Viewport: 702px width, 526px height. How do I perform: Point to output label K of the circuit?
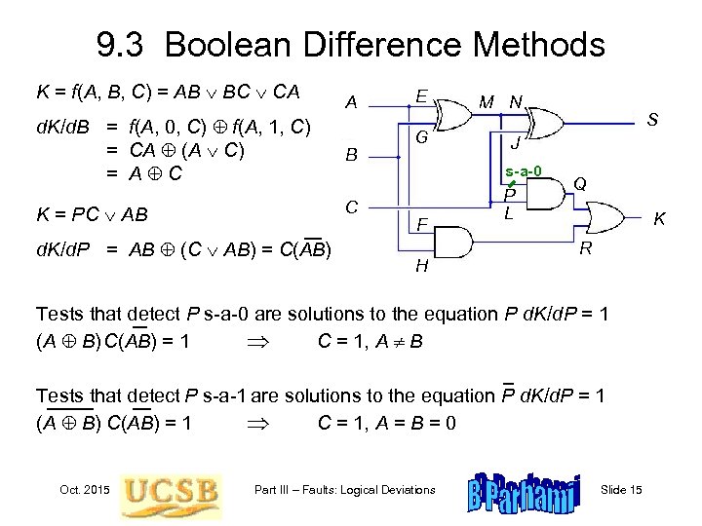point(660,220)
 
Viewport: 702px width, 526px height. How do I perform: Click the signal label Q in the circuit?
point(579,183)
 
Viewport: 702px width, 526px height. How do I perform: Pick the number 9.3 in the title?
point(123,44)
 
